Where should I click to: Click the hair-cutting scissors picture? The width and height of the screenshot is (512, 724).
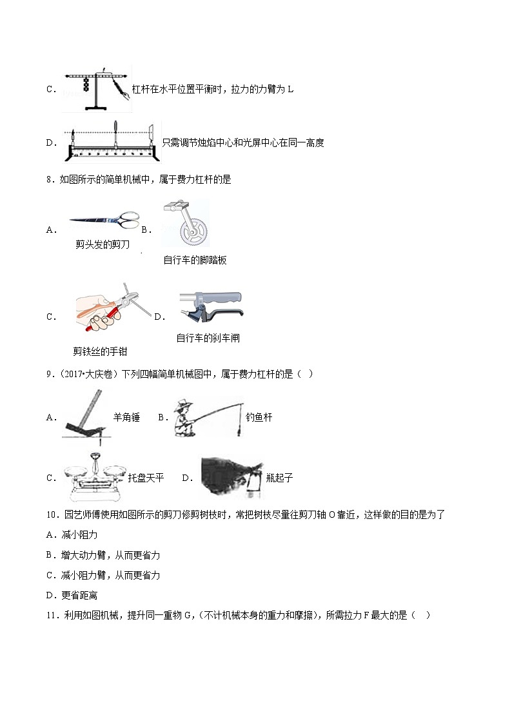tap(103, 221)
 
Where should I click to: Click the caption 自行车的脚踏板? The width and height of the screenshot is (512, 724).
tap(195, 260)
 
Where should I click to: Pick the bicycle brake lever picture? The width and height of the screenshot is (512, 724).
tap(210, 307)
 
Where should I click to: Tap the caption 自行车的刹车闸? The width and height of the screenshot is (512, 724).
tap(208, 338)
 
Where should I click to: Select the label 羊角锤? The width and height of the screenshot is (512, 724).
tap(126, 417)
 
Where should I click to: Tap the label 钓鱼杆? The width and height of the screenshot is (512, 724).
tap(259, 417)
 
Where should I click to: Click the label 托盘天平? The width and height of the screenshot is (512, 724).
tap(146, 478)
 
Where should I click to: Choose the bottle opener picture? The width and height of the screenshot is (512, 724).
tap(230, 478)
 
